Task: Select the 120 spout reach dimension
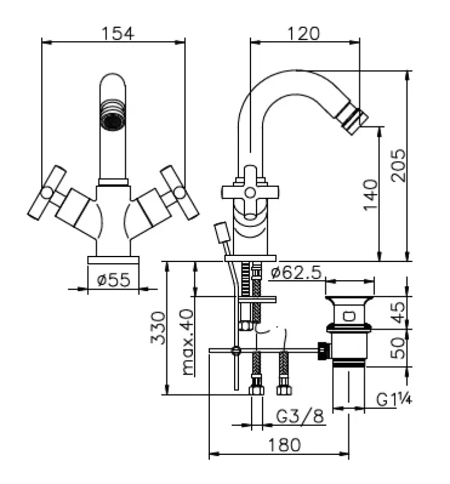click(304, 33)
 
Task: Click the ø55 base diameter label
click(114, 280)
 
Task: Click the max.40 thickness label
click(187, 341)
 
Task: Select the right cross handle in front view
click(180, 192)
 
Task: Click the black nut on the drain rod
click(325, 350)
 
